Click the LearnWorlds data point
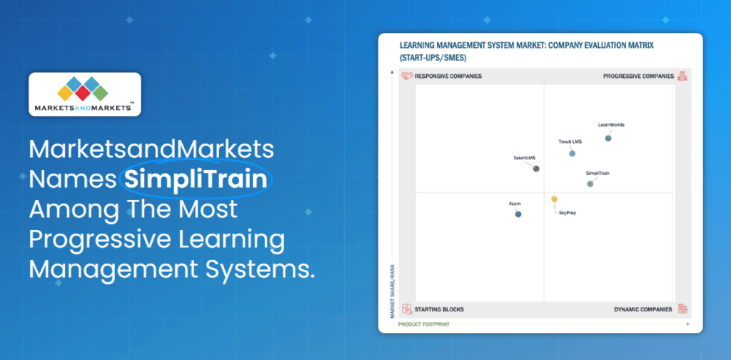[608, 138]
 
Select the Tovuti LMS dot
[572, 154]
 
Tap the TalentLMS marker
[536, 169]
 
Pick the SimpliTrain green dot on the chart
[590, 184]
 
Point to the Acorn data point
[518, 214]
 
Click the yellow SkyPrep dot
[554, 199]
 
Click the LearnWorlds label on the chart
[611, 125]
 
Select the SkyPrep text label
[568, 213]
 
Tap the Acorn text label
[515, 204]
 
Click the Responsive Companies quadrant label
[448, 76]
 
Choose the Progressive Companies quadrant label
[638, 76]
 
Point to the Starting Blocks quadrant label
[439, 309]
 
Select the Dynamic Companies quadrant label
[642, 309]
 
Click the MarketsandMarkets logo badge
[84, 94]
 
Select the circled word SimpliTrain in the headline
[196, 178]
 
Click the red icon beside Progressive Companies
[682, 76]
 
